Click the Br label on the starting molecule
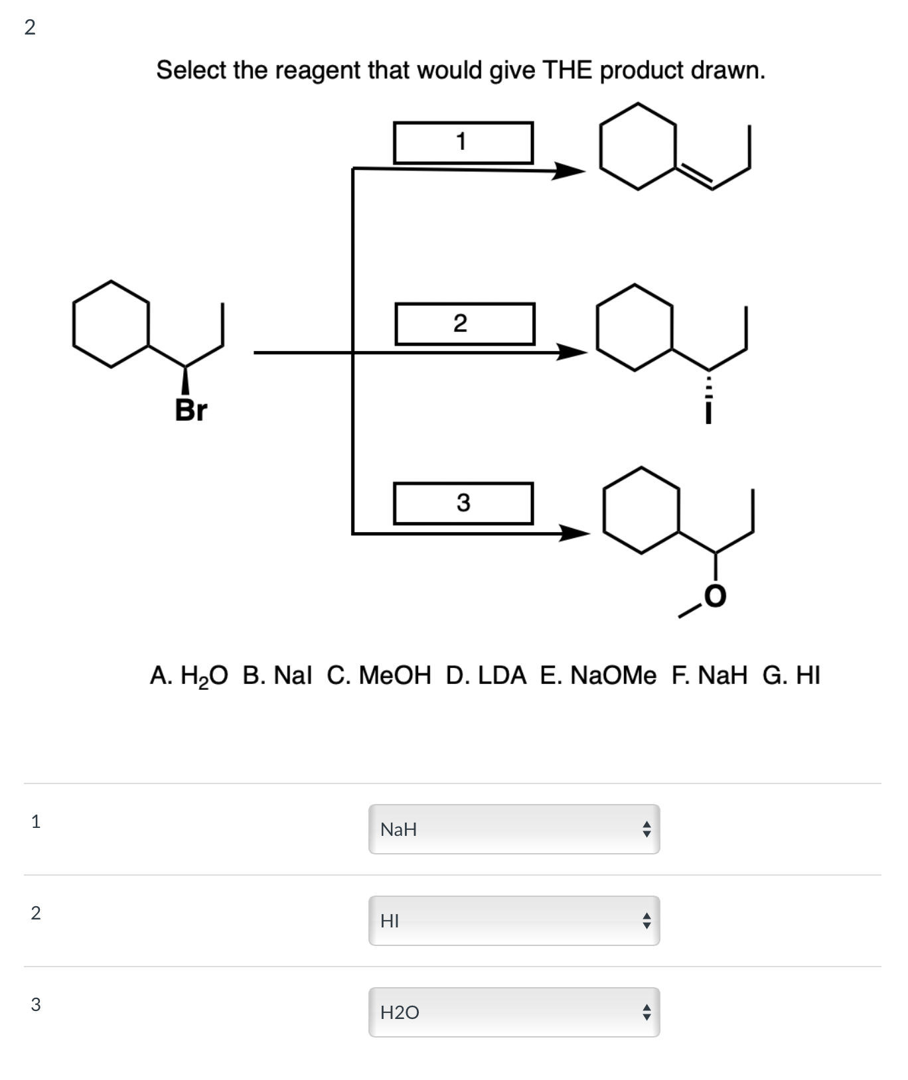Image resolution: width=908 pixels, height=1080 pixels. coord(191,410)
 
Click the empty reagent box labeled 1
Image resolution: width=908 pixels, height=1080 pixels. coord(463,142)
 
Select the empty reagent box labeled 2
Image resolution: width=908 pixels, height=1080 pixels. coord(465,324)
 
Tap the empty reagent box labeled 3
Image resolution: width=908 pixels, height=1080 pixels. coord(463,503)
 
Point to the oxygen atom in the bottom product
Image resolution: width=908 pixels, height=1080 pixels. coord(715,596)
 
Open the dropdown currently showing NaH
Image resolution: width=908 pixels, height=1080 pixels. coord(514,829)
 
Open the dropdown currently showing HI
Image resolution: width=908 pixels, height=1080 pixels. coord(514,921)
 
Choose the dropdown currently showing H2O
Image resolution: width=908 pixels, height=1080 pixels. coord(514,1012)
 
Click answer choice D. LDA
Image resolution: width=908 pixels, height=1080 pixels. coord(486,675)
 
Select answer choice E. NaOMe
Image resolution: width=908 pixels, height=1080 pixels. coord(597,675)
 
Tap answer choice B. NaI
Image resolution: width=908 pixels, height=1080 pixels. coord(277,675)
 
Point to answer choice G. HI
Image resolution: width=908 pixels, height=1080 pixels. coord(791,675)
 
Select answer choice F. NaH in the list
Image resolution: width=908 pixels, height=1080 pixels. coord(709,675)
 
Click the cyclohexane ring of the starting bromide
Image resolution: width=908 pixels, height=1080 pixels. coord(111,323)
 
